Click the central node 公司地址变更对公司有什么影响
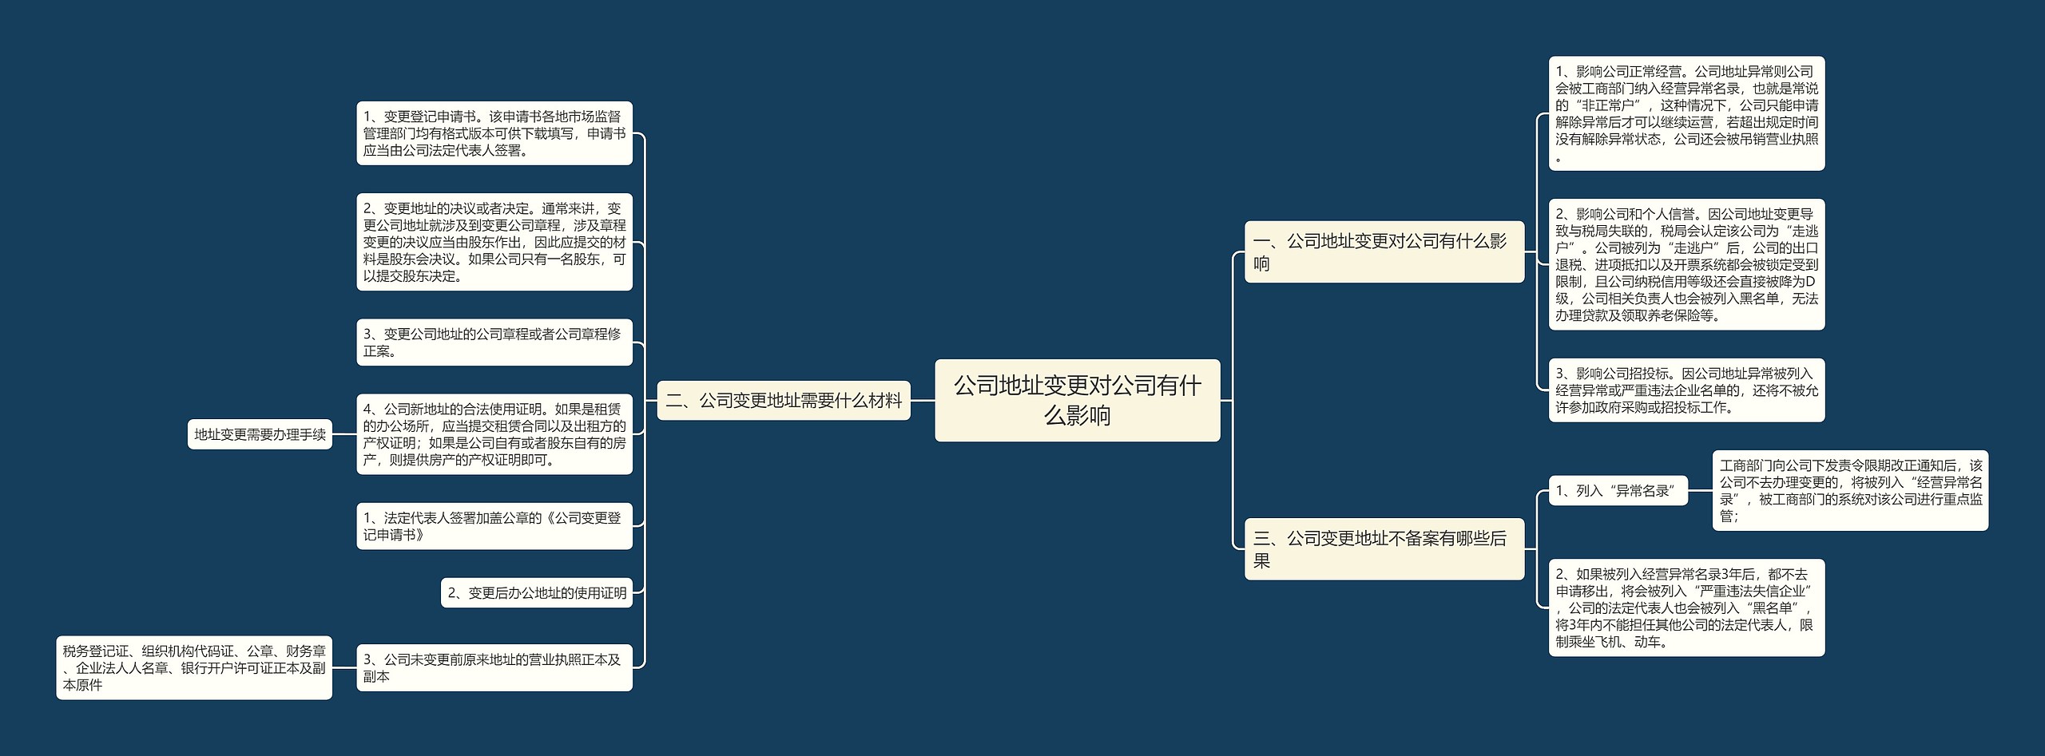pyautogui.click(x=1077, y=400)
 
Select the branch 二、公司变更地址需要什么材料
pyautogui.click(x=784, y=400)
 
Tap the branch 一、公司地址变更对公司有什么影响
pyautogui.click(x=1384, y=251)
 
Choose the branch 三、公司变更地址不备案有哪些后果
pyautogui.click(x=1384, y=549)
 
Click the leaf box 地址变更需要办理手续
pyautogui.click(x=260, y=434)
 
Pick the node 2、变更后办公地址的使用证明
pyautogui.click(x=537, y=592)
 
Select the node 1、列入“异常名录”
pyautogui.click(x=1617, y=491)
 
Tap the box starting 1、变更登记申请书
pyautogui.click(x=494, y=133)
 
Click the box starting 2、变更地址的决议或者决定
pyautogui.click(x=494, y=242)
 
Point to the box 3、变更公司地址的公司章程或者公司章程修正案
pyautogui.click(x=494, y=342)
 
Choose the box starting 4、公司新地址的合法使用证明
pyautogui.click(x=494, y=434)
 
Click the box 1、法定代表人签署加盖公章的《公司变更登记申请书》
pyautogui.click(x=494, y=526)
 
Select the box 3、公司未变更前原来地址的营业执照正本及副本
pyautogui.click(x=494, y=667)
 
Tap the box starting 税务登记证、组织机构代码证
pyautogui.click(x=194, y=667)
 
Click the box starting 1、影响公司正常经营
pyautogui.click(x=1686, y=113)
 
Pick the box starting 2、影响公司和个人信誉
pyautogui.click(x=1686, y=264)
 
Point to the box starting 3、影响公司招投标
pyautogui.click(x=1686, y=390)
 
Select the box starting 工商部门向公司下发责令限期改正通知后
pyautogui.click(x=1850, y=491)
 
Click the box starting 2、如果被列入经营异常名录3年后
pyautogui.click(x=1686, y=608)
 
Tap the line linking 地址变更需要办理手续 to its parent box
pyautogui.click(x=344, y=434)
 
